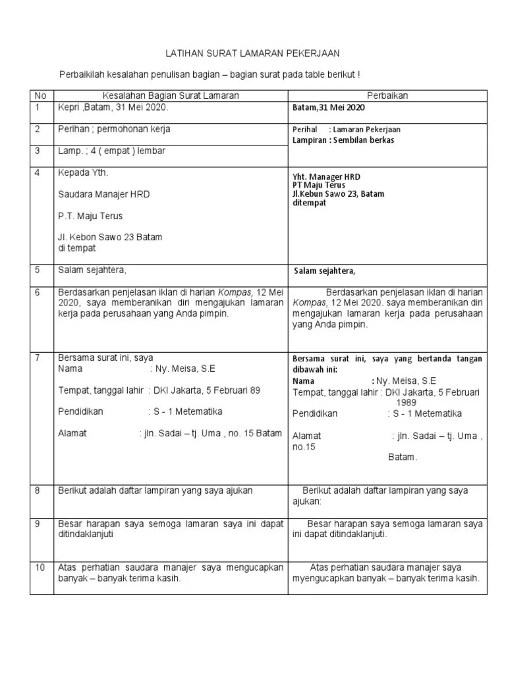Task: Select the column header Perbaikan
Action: click(x=387, y=95)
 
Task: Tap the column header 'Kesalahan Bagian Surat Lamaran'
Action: click(x=170, y=95)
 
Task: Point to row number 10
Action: click(x=40, y=567)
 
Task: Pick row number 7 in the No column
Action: click(x=38, y=357)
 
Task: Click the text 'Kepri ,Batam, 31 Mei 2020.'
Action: click(x=113, y=107)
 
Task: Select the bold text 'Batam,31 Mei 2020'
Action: click(x=327, y=107)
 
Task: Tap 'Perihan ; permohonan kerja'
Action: click(x=114, y=129)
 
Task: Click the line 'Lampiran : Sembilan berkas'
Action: click(x=343, y=140)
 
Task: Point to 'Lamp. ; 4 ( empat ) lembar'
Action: click(x=112, y=151)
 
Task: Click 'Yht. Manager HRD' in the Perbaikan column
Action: click(x=326, y=177)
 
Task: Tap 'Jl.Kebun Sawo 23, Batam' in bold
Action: click(x=338, y=194)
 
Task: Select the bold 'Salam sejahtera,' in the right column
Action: click(x=325, y=271)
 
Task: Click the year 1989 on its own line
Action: click(x=409, y=402)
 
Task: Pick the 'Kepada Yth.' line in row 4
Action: click(x=83, y=172)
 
